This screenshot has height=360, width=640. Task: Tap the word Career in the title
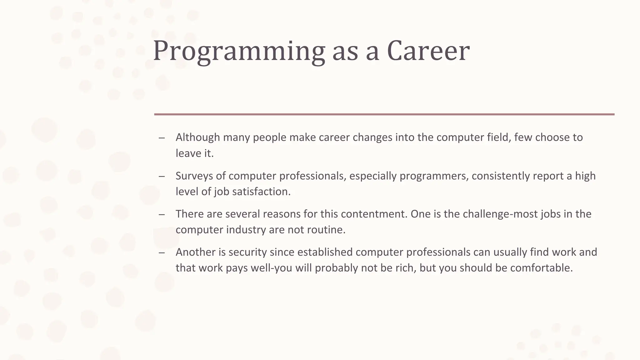click(428, 51)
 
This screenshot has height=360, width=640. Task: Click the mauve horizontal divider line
click(384, 114)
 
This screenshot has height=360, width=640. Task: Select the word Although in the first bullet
click(198, 137)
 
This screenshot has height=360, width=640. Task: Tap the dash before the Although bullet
click(162, 138)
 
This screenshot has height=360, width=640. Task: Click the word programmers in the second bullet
click(434, 176)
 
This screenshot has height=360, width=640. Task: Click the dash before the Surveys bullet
click(162, 176)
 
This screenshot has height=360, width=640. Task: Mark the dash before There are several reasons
click(162, 214)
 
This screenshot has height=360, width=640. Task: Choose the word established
click(325, 252)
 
